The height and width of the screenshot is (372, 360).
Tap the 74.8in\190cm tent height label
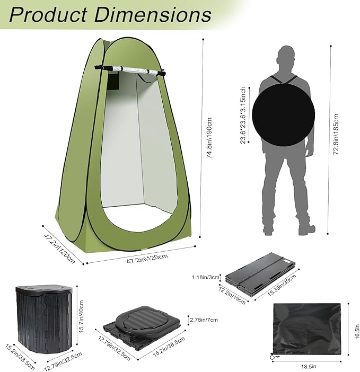tap(209, 137)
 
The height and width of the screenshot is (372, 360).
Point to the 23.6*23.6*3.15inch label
tap(243, 115)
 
